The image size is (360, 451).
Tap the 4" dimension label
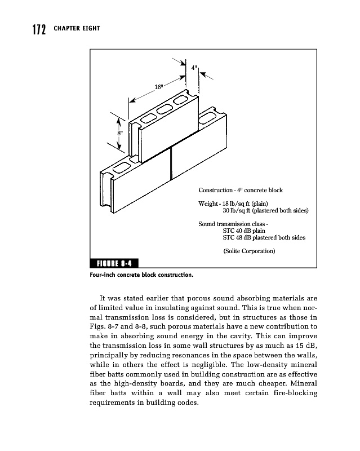194,68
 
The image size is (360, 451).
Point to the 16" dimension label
159,87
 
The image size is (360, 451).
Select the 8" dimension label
120,132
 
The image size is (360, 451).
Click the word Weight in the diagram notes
208,203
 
